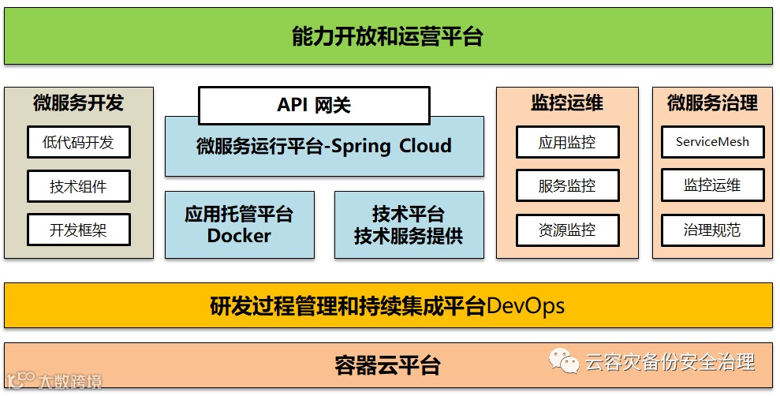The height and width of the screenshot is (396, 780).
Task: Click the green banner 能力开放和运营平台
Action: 387,36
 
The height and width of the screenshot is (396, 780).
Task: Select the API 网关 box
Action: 314,106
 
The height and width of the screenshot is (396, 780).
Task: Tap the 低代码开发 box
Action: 78,143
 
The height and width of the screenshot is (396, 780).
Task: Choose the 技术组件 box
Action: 78,186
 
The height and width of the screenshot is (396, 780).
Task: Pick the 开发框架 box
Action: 78,230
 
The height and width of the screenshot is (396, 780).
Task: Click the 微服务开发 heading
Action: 78,103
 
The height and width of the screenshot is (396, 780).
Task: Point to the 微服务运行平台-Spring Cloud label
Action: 323,146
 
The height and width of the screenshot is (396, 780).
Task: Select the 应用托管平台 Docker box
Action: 239,225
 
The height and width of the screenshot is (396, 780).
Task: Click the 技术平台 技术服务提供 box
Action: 409,225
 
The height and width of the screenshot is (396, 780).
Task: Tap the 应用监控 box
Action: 566,143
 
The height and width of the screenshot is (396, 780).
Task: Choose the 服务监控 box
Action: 566,186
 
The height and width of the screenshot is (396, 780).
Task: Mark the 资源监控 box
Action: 566,230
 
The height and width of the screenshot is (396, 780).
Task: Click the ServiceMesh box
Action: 712,143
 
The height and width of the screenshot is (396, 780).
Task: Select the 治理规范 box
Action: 712,230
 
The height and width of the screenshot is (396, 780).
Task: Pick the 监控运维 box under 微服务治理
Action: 712,185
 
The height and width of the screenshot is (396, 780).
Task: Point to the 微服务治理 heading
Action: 712,103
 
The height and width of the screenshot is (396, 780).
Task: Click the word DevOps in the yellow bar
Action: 525,306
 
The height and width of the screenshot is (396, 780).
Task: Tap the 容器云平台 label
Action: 387,366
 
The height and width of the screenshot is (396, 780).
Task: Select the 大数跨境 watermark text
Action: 70,383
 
